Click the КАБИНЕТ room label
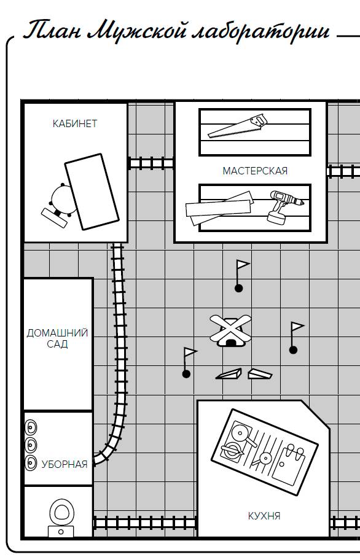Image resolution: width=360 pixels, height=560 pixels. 75,123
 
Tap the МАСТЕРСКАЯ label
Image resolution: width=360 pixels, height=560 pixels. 255,171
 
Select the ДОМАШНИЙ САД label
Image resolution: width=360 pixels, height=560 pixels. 57,338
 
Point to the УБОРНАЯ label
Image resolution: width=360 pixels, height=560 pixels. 65,464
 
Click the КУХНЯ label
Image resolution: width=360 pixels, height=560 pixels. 264,516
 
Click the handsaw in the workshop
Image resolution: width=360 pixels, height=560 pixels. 238,126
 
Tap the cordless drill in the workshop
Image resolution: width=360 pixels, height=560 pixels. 284,207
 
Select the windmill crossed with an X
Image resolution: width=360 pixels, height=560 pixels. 230,330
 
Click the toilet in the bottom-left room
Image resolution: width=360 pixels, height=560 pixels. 61,518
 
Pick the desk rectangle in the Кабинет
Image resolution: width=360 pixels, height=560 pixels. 92,192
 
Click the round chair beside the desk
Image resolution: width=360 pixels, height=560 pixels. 63,200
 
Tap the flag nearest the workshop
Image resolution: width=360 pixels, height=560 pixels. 241,276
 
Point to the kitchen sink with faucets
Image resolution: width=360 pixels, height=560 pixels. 289,464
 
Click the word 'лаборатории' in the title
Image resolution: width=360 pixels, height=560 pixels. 260,31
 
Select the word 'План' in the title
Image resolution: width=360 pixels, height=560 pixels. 52,30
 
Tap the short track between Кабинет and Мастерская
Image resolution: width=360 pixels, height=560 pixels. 151,163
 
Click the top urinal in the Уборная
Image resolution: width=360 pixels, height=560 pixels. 31,427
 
